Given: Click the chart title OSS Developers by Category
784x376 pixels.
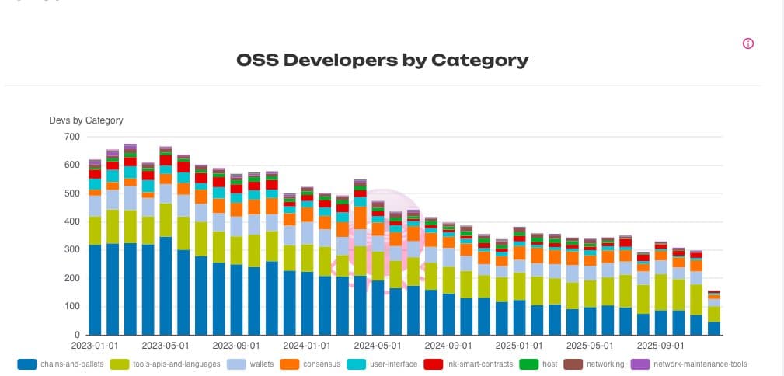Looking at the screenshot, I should (x=382, y=61).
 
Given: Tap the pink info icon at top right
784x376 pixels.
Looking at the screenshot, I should (x=748, y=44).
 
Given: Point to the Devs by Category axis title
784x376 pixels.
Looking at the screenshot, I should (x=86, y=120).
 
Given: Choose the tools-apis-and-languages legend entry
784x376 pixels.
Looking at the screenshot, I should (x=176, y=364).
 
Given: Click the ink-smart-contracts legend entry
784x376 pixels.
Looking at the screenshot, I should (x=479, y=364).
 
